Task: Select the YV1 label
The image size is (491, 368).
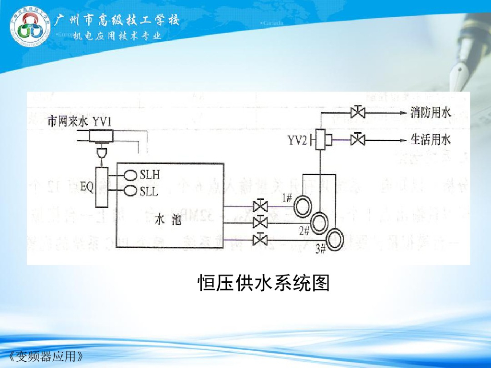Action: pos(102,122)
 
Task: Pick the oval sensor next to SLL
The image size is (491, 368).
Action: pos(130,191)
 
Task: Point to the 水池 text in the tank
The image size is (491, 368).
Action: pos(169,220)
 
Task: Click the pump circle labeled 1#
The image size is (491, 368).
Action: pos(303,207)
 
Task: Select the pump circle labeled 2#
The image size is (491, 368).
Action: pos(319,222)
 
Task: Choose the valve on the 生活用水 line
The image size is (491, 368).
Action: pos(357,140)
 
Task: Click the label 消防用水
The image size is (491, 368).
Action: pos(431,113)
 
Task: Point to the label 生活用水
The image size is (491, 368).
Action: pos(431,140)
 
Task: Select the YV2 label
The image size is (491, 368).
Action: pos(297,140)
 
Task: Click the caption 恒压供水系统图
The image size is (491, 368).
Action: pos(263,283)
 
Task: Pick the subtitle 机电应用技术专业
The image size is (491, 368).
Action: pos(117,36)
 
